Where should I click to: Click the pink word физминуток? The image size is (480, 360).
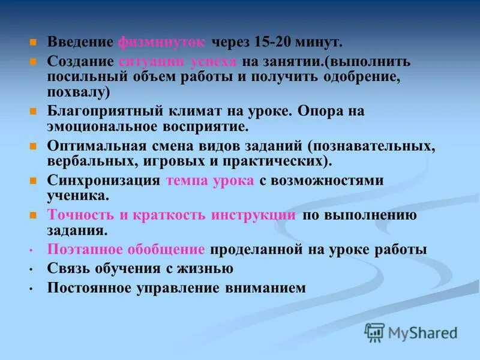[x=162, y=42]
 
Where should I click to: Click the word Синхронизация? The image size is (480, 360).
[x=103, y=181]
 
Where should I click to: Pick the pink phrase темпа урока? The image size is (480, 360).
[x=210, y=181]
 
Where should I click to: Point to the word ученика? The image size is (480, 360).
[x=78, y=196]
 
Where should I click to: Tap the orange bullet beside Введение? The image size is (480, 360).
[x=34, y=43]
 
